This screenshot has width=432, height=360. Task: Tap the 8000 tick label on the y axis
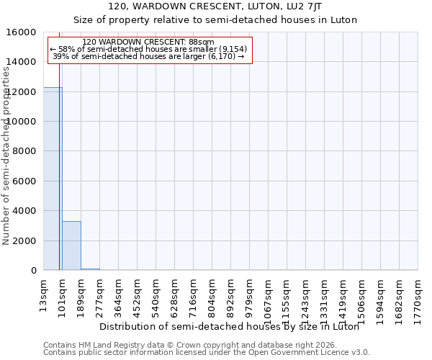24,151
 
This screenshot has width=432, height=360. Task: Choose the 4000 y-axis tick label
24,211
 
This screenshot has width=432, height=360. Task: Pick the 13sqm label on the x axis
44,293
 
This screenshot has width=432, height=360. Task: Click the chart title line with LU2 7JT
215,6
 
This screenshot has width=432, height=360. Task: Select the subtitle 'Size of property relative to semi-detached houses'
215,19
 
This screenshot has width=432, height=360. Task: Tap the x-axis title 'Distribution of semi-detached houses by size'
229,326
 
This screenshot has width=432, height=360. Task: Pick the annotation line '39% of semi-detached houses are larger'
149,56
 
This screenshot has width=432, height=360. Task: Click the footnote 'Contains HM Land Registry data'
185,345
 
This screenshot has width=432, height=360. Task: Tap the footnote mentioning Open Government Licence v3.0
207,353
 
